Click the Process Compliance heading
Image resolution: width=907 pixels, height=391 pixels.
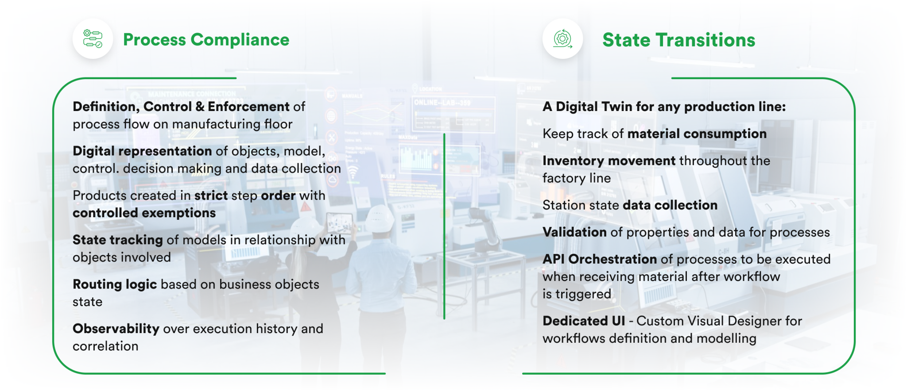pos(206,40)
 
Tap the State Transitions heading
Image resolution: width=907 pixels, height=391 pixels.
pos(678,40)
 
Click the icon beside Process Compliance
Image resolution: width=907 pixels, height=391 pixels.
pos(93,39)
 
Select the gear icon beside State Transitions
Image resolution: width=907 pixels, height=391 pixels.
pos(562,39)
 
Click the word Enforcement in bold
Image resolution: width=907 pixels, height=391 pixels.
pos(248,107)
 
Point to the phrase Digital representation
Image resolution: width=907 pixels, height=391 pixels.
pos(142,151)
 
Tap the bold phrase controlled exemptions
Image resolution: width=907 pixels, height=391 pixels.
pos(144,213)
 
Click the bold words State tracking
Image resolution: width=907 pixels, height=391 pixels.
pos(118,240)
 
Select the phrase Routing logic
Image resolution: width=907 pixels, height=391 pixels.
pos(115,284)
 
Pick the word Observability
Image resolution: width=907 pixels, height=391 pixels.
pos(116,329)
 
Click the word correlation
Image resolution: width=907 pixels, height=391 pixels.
pos(105,346)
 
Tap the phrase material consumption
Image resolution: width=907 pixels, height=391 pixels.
pos(697,134)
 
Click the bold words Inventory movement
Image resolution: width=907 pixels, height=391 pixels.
pos(609,161)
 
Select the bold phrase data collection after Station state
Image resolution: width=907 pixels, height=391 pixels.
pos(670,205)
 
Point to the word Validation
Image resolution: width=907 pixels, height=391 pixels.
pos(574,232)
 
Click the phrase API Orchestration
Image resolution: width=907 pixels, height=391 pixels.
pos(600,259)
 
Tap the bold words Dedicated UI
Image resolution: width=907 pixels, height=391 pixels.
pos(584,321)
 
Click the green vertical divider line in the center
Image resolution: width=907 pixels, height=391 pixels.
pos(444,226)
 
